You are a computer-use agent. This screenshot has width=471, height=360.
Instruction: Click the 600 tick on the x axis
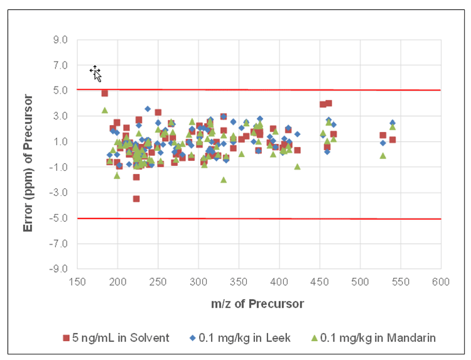coord(440,281)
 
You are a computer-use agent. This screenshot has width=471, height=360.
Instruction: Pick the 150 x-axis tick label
coord(77,281)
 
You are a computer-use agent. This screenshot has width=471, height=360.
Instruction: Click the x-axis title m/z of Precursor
coord(258,304)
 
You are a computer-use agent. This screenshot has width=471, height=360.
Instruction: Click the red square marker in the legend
coord(65,338)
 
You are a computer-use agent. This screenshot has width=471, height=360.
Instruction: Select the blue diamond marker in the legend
coord(193,338)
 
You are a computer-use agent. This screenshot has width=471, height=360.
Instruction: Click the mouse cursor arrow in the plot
coord(95,73)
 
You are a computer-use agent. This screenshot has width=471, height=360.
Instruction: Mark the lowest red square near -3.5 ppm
coord(136,199)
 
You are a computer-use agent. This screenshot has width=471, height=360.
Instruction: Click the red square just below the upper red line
coord(105,93)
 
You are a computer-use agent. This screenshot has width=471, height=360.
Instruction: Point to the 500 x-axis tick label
coord(360,281)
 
